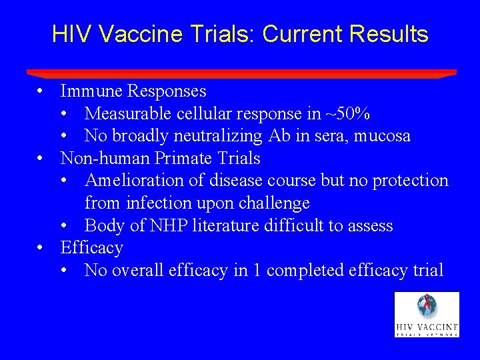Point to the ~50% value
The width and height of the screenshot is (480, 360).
tap(350, 113)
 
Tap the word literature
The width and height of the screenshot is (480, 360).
tap(225, 225)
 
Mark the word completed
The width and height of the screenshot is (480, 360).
tap(312, 270)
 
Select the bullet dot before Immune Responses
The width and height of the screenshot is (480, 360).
tap(41, 91)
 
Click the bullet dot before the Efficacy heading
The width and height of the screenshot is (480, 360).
tap(41, 248)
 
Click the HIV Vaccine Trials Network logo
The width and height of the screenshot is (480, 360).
tap(427, 315)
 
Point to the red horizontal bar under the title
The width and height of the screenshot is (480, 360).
tap(241, 73)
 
